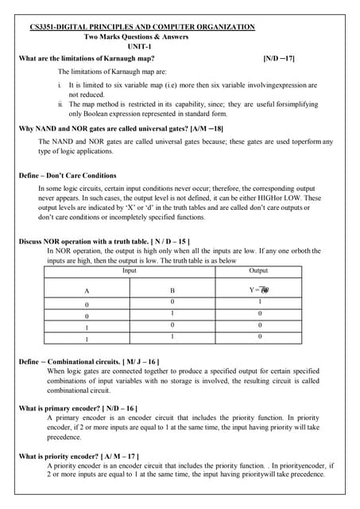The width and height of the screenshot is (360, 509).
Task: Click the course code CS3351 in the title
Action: pyautogui.click(x=45, y=27)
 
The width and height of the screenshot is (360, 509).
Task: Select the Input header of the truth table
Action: pyautogui.click(x=129, y=270)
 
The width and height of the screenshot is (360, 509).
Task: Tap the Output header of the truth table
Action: pyautogui.click(x=258, y=270)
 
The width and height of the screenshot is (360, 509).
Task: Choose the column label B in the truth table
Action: pyautogui.click(x=172, y=291)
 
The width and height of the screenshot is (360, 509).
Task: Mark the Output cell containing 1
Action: pyautogui.click(x=258, y=302)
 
